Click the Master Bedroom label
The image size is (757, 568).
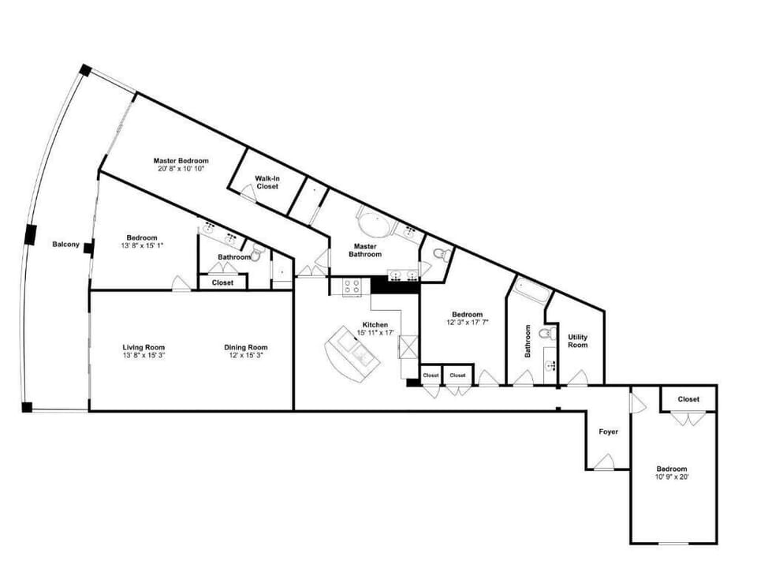coord(181,160)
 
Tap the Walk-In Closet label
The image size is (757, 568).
coord(267,182)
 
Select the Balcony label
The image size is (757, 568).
coord(65,244)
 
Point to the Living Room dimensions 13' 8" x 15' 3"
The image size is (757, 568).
coord(144,355)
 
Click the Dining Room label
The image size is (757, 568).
coord(246,347)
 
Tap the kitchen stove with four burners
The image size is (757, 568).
coord(352,286)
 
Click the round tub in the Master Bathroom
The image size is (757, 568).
coord(374,222)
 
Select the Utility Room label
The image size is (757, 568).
coord(578,341)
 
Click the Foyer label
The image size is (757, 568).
coord(608,432)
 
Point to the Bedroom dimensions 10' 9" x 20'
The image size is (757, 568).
coord(673,476)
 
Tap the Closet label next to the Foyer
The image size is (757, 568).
coord(688,399)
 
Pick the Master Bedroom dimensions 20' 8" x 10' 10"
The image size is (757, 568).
coord(181,169)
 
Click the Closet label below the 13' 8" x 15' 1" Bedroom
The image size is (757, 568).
coord(222,282)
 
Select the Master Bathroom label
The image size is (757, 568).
coord(367,250)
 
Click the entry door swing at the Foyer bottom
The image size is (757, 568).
coord(605,462)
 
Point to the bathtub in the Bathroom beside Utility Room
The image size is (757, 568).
coord(531,293)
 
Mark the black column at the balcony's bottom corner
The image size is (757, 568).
coord(27,407)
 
